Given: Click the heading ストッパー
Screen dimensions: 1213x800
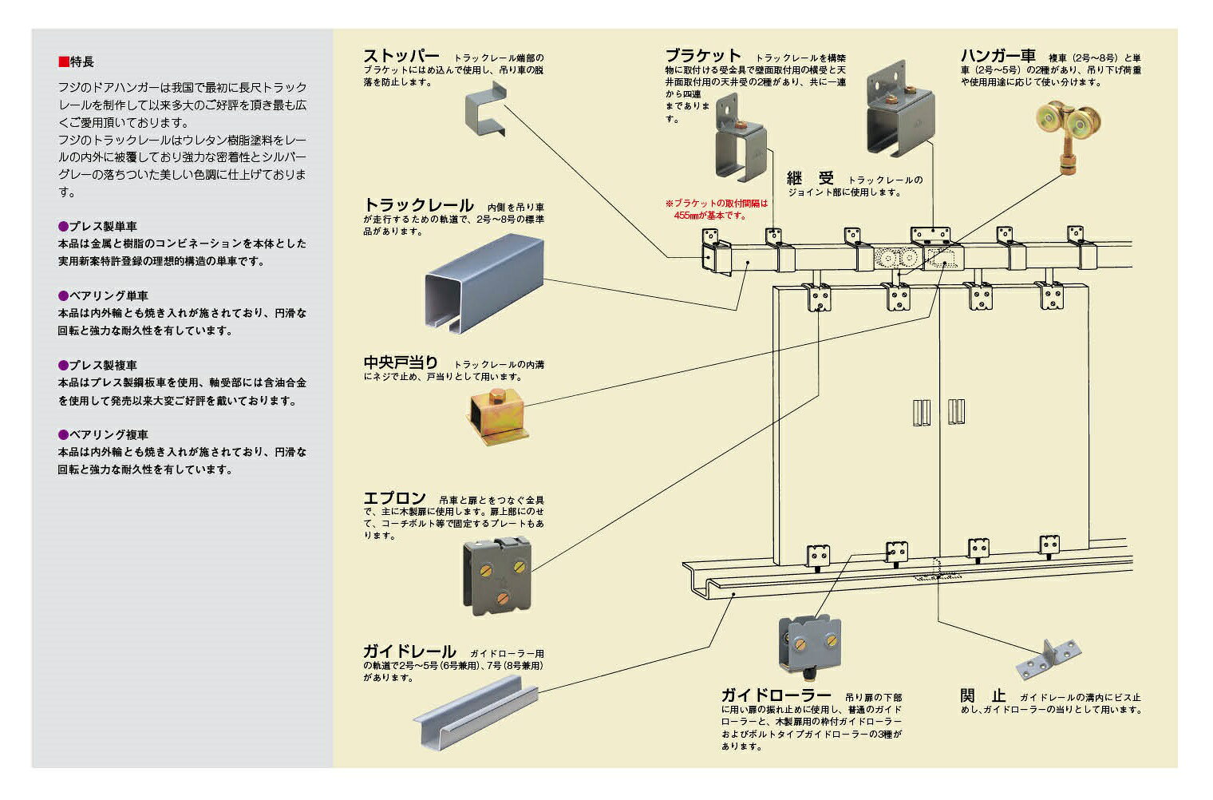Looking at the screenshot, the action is click(x=401, y=56).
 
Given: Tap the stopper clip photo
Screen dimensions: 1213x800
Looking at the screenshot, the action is click(x=486, y=109).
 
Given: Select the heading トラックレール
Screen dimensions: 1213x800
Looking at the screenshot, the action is click(x=419, y=205).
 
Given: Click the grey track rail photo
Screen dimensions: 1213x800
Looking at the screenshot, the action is click(x=484, y=283).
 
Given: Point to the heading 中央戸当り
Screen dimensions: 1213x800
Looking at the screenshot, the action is click(x=401, y=362).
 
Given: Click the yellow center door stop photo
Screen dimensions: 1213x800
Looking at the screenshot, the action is click(x=497, y=416).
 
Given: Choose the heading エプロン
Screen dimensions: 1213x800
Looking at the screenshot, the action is click(x=395, y=497).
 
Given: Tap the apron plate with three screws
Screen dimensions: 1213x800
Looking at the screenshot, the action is click(x=497, y=576).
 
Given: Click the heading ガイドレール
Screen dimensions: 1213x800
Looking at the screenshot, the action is click(x=409, y=651).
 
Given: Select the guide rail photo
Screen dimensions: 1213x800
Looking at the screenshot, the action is click(x=476, y=711).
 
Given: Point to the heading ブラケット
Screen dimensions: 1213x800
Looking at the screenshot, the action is click(x=703, y=55).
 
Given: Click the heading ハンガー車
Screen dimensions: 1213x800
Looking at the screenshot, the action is click(x=998, y=55).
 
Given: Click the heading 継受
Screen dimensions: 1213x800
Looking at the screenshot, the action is click(x=810, y=178).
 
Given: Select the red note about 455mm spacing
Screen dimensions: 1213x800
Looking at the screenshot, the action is click(x=716, y=210).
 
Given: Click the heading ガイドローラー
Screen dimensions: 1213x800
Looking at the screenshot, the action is click(x=776, y=695).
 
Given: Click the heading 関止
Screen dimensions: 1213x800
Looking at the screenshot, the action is click(x=983, y=695).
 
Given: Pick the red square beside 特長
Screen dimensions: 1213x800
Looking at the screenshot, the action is click(x=63, y=61).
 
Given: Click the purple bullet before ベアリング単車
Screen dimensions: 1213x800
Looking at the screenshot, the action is click(x=63, y=295).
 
